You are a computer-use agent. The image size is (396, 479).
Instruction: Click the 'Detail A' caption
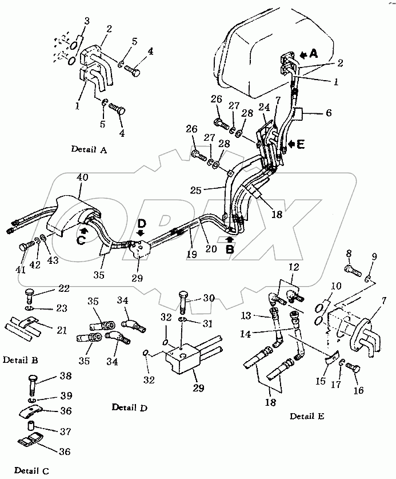[x=89, y=149]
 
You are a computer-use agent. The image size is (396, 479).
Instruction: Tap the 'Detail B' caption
[x=21, y=360]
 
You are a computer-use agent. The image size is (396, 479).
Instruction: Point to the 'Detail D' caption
[x=130, y=407]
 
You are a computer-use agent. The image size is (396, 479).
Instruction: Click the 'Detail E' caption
[x=306, y=417]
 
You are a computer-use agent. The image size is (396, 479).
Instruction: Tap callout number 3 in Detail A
[x=87, y=22]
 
